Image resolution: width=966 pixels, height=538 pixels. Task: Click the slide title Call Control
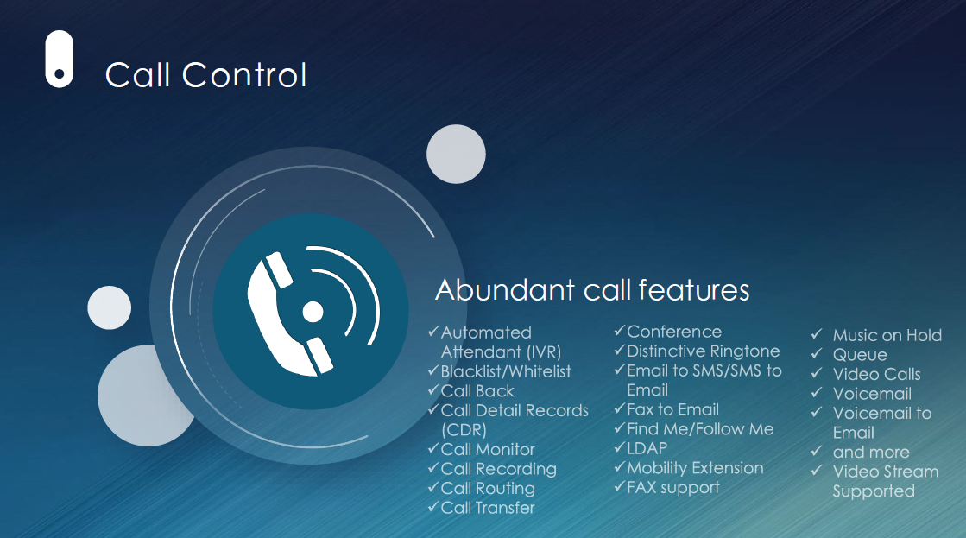coord(205,75)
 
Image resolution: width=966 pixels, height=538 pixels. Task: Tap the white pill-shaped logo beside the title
coord(60,60)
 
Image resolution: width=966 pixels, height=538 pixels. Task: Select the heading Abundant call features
coord(592,289)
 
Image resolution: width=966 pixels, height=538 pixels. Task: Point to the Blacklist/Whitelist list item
coord(506,371)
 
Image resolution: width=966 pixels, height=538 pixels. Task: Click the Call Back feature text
coord(477,390)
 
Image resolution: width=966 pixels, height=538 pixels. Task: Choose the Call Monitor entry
coord(488,449)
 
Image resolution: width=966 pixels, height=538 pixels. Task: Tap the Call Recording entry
coord(498,469)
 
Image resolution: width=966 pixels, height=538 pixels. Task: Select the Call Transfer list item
coord(488,508)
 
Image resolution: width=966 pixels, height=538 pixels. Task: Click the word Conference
coord(674,332)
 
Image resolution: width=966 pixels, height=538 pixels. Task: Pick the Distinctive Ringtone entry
coord(704,351)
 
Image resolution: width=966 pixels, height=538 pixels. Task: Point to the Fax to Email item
coord(672,410)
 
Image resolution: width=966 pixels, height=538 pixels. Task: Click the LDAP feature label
coord(647,449)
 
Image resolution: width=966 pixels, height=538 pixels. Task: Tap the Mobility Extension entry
coord(695,468)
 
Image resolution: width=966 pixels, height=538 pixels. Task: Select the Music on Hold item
coord(887,335)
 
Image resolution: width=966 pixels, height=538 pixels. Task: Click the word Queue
coord(860,355)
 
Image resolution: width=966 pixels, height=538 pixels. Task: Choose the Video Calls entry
coord(877,374)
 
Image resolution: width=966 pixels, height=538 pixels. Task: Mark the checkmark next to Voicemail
coord(817,393)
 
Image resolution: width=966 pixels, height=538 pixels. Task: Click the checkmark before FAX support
coord(620,486)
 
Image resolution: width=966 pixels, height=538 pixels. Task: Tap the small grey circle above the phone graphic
coord(456,154)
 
